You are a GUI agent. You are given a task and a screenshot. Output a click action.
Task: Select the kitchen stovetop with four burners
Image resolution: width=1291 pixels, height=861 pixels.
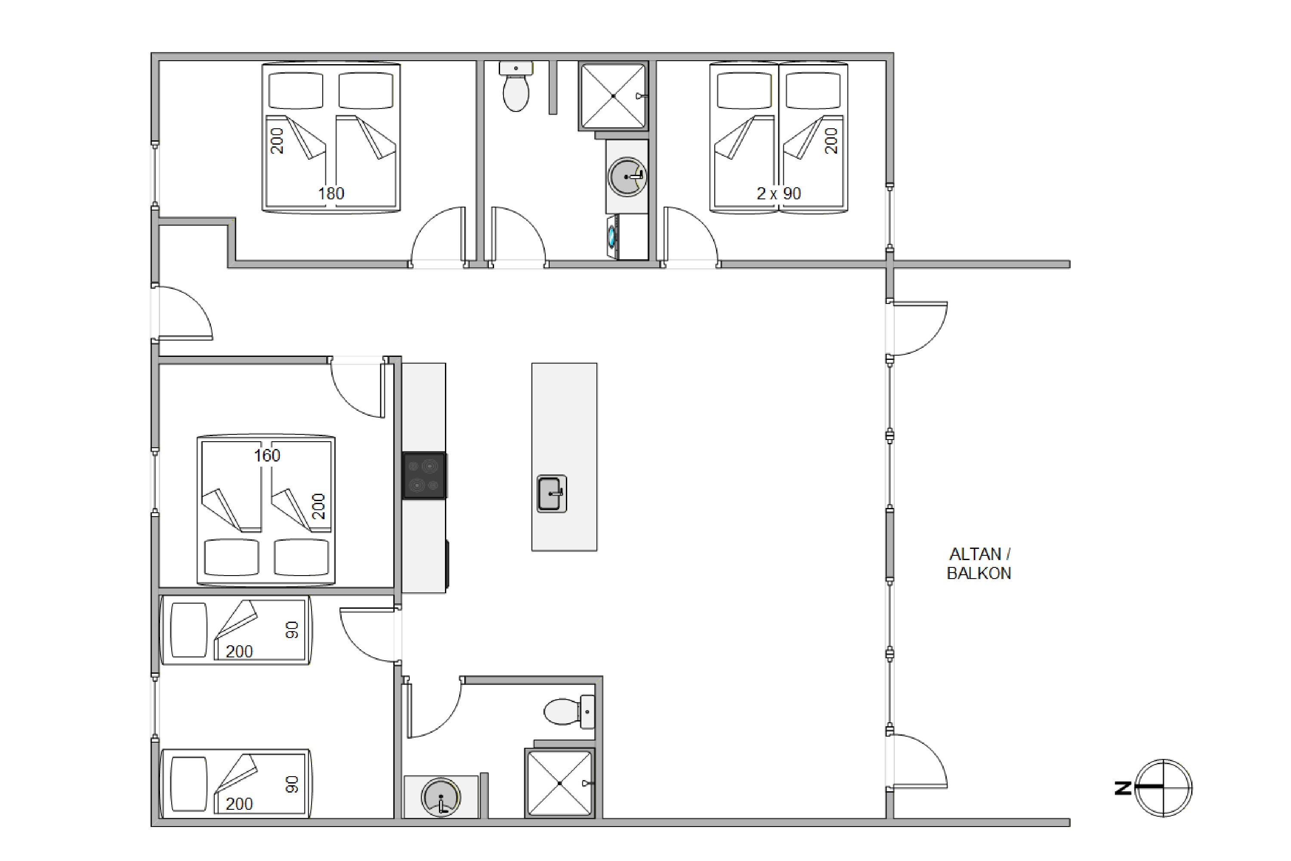pos(424,476)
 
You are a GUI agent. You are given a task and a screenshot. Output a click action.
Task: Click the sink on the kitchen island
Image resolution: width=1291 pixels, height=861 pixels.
pos(552,494)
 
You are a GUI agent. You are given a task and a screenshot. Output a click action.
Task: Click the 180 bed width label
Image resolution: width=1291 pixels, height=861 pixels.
pos(331,193)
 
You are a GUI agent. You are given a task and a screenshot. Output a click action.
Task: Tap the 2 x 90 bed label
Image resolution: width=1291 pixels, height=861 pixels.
pos(778,193)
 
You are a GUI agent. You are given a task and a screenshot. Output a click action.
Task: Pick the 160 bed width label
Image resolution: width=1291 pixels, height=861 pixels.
pos(267,455)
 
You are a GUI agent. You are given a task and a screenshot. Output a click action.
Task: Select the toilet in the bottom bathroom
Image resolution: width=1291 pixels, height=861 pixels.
pos(569,712)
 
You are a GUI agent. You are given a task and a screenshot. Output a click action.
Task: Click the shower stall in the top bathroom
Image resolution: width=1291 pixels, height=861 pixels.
pos(613,96)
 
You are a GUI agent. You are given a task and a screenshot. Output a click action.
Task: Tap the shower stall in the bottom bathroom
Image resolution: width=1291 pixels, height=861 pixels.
pos(559,783)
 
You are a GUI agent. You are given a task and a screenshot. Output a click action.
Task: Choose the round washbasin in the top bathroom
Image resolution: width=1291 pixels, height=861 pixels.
pos(627,177)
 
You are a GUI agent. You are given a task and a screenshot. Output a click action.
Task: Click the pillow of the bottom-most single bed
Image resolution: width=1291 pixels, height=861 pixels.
pos(189,784)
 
